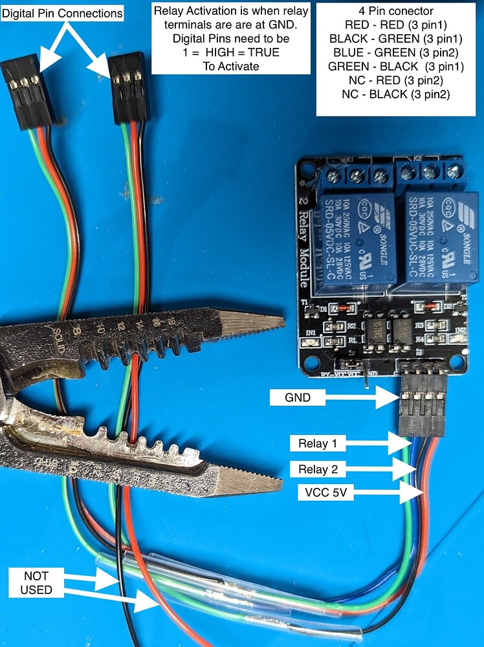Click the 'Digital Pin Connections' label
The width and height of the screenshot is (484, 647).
[x=62, y=13]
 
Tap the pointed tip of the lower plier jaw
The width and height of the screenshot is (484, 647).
[x=280, y=481]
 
